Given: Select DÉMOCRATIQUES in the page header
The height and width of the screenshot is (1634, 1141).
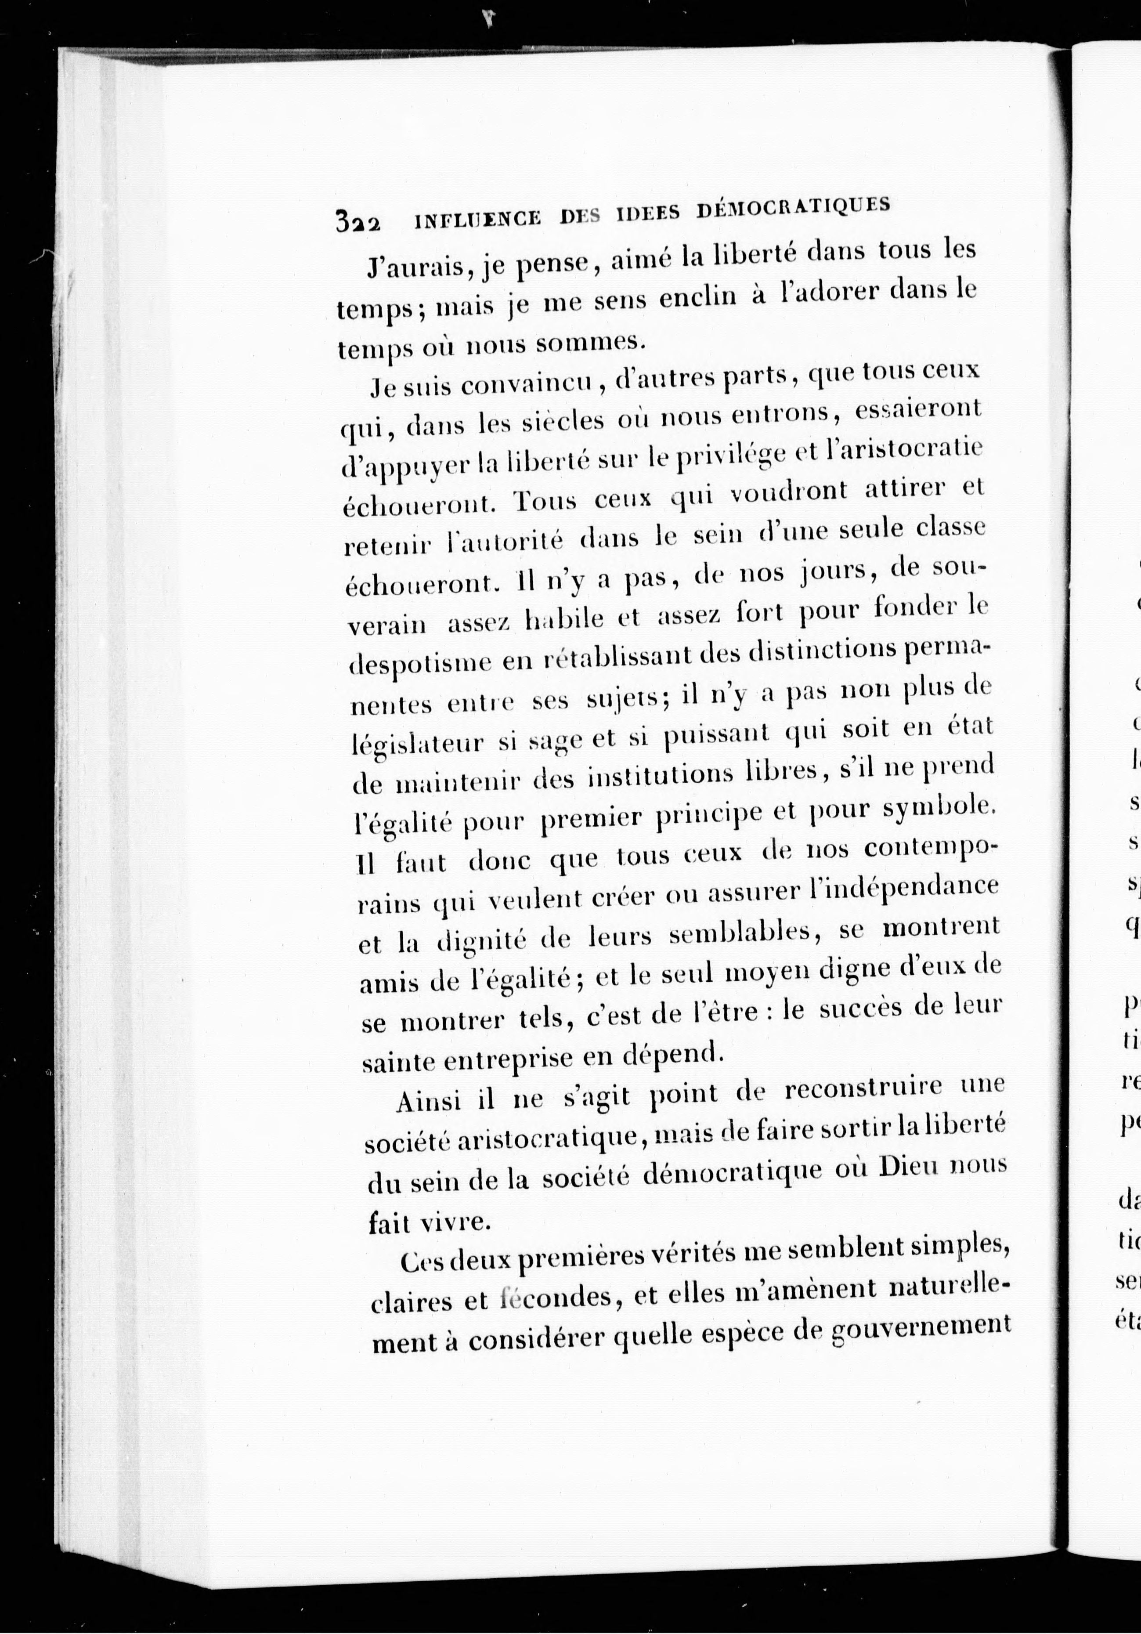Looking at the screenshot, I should click(792, 207).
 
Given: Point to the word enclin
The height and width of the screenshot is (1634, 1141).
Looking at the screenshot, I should click(697, 297).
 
